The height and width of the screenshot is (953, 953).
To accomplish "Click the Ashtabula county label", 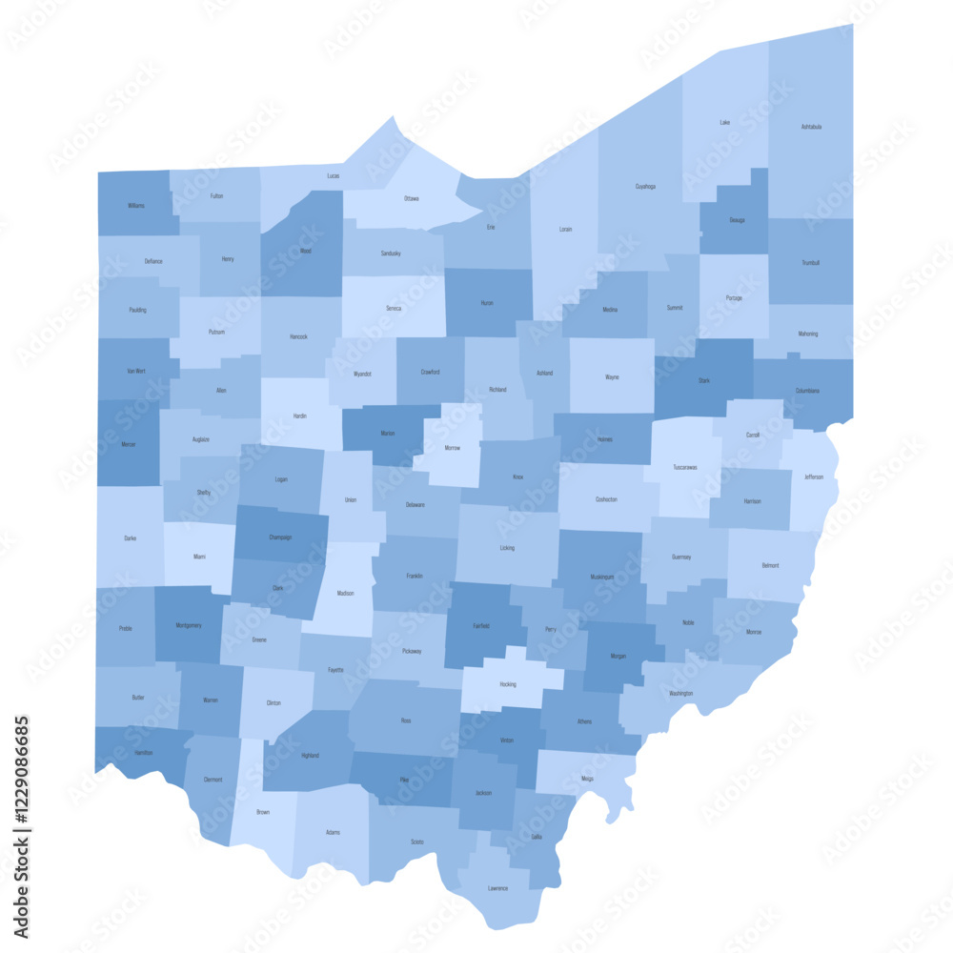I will (811, 126).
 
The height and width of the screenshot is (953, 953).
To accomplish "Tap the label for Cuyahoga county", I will (645, 187).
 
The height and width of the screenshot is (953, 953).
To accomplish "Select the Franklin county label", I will (414, 576).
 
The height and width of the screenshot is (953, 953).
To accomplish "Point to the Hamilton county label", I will (144, 753).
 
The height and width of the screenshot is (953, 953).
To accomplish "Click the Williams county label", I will (136, 205).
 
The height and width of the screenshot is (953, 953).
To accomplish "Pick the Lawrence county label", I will (497, 888).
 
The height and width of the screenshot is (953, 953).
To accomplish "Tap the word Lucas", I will (334, 175).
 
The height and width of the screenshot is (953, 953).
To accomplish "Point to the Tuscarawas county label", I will (684, 467).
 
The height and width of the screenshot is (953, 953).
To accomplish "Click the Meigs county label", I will (587, 779).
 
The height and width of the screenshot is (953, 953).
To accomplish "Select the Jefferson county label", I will (814, 476).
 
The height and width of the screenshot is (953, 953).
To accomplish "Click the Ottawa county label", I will (411, 198).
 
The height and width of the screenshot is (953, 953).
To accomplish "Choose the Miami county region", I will (198, 557).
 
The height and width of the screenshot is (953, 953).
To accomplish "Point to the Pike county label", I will (404, 780).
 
